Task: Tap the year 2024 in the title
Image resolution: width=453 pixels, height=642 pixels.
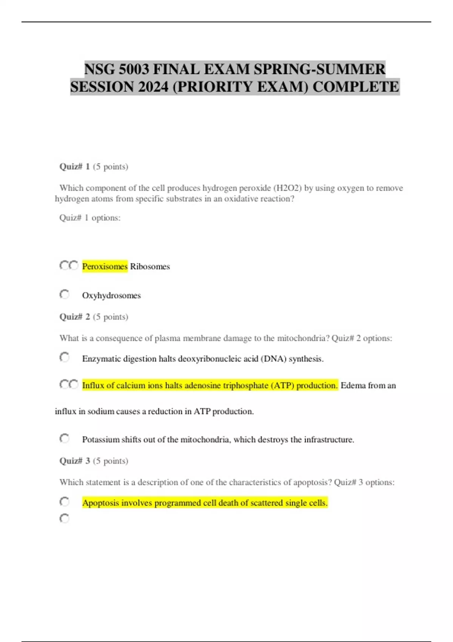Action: tap(153, 87)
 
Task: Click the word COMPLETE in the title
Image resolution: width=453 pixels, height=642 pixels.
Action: tap(356, 87)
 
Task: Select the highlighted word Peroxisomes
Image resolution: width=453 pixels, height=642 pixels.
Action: tap(105, 266)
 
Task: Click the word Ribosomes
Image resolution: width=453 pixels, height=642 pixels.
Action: tap(150, 266)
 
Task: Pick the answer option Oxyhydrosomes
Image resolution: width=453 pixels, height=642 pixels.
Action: tap(111, 295)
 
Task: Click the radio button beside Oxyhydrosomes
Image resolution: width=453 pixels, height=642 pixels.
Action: tap(65, 294)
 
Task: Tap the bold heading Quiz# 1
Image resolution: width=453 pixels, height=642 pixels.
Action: tap(74, 167)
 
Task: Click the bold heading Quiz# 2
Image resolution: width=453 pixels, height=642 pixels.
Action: tap(74, 316)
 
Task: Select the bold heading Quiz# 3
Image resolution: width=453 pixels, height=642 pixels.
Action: tap(74, 461)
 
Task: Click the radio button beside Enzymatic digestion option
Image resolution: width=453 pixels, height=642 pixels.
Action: tap(65, 357)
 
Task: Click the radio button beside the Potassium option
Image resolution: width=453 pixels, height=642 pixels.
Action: tap(65, 438)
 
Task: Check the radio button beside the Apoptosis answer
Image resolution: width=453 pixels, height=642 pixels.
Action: tap(65, 502)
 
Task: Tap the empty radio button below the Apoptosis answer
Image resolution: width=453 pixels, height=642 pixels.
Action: tap(65, 519)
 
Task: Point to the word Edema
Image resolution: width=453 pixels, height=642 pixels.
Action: tap(353, 386)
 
